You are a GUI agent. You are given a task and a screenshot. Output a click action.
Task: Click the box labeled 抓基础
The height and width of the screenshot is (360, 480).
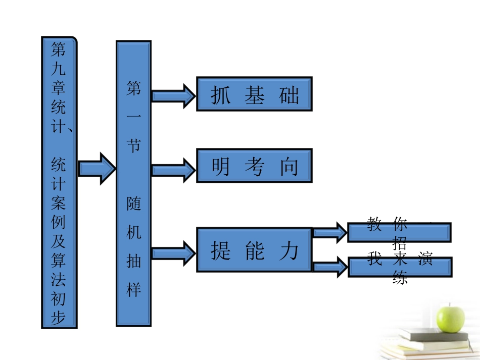point(254,94)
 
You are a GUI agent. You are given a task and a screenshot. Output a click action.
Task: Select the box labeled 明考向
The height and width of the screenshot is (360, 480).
point(254,166)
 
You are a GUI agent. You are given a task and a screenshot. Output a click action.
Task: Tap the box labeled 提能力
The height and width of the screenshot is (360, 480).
point(254,250)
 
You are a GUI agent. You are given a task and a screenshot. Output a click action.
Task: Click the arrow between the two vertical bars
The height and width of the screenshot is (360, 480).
point(97,168)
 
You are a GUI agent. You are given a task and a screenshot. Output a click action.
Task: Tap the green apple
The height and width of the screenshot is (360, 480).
point(451,316)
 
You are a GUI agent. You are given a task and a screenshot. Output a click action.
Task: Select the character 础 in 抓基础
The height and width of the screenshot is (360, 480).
point(289,95)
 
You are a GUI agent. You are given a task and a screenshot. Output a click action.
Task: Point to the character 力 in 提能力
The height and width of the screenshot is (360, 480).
point(289,250)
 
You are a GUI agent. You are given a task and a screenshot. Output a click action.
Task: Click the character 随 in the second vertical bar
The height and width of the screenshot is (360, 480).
point(134,204)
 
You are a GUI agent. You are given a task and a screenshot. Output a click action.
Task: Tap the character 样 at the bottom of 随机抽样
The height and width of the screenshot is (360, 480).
point(134,290)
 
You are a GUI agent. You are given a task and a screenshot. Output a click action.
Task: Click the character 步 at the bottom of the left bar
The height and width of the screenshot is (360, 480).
point(59,318)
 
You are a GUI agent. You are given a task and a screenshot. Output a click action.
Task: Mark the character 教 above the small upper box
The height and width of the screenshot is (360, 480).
point(374,224)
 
